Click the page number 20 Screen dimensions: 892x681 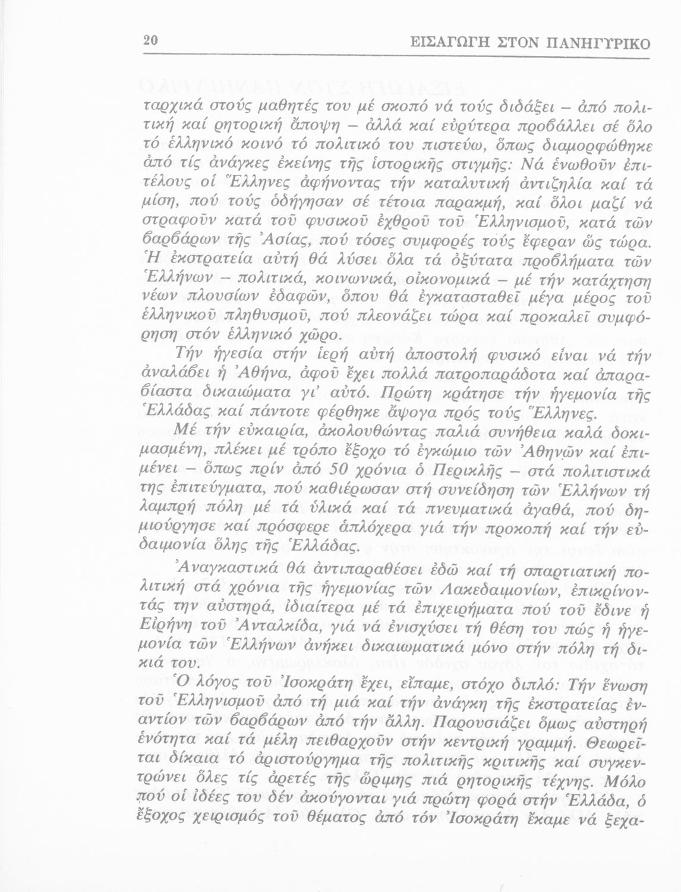pyautogui.click(x=149, y=42)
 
